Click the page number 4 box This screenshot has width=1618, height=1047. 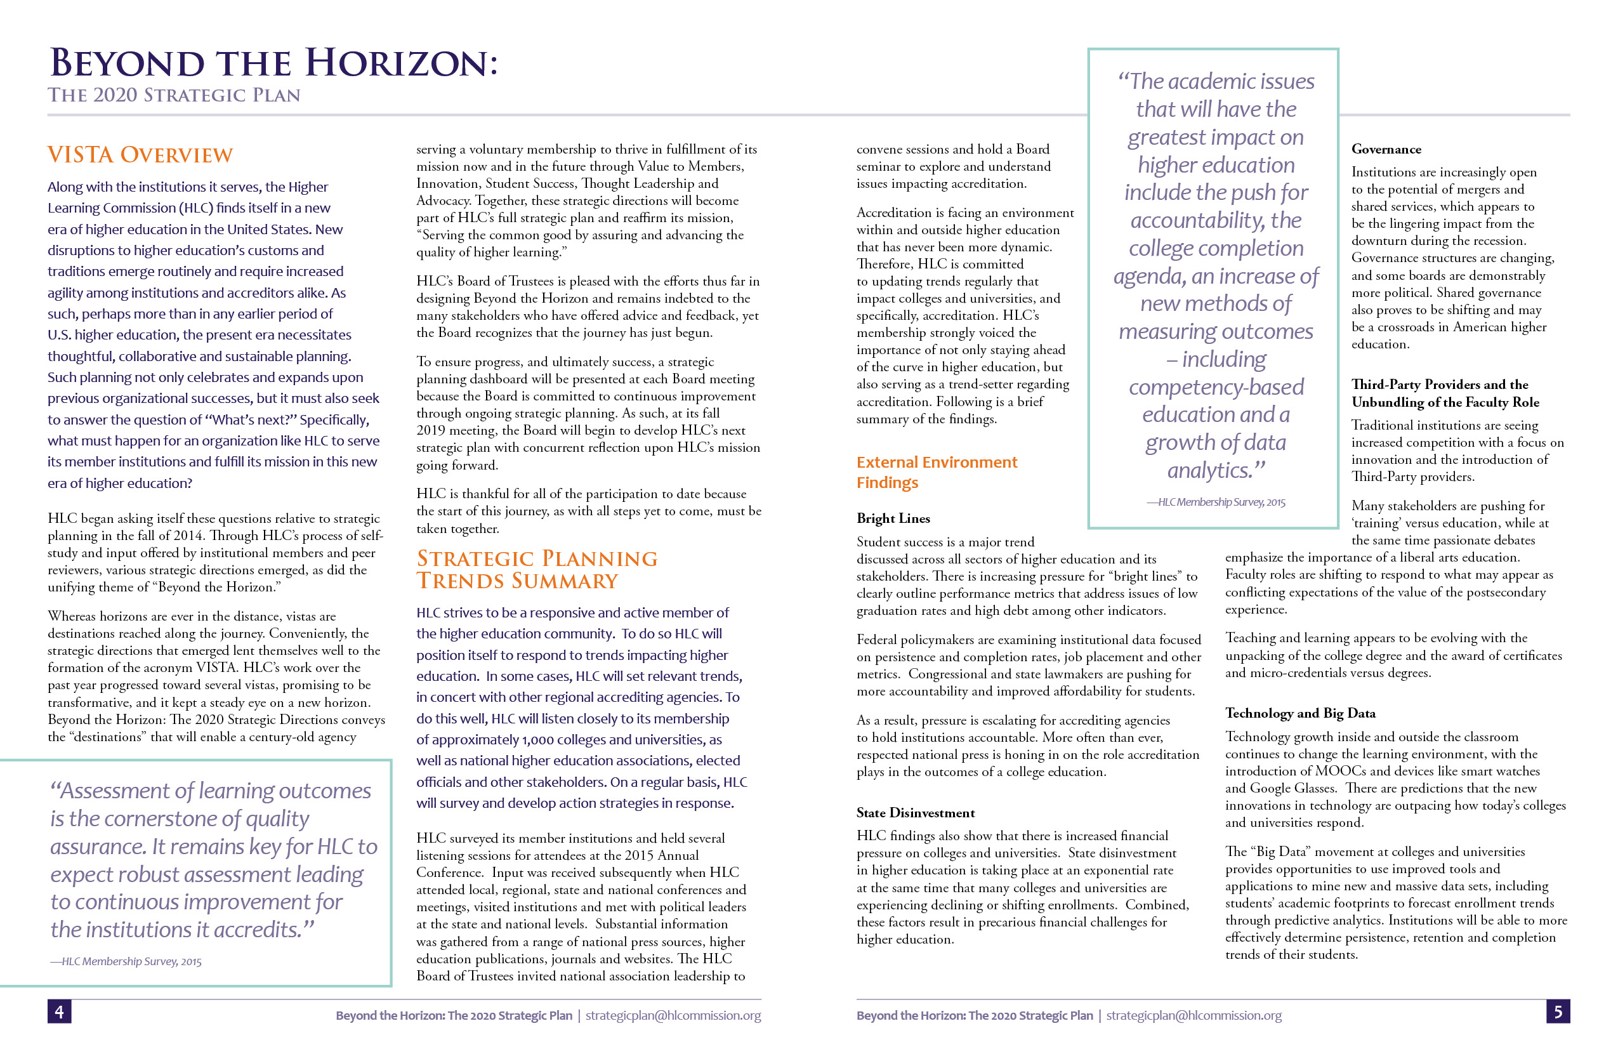click(59, 1011)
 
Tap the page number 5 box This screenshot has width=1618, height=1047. click(1558, 1011)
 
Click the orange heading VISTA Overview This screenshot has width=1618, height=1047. click(140, 155)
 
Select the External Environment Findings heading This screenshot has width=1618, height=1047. click(936, 472)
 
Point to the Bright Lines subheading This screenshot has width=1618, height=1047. click(893, 518)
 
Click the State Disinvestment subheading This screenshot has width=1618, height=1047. click(915, 812)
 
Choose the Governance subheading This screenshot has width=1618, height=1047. click(1386, 149)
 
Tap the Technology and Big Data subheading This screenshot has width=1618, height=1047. click(1300, 713)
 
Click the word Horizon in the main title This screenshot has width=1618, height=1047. click(401, 63)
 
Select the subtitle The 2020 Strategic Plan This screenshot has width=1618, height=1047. click(174, 95)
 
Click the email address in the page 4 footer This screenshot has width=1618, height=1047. click(673, 1015)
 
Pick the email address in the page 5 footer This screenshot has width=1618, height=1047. click(1194, 1015)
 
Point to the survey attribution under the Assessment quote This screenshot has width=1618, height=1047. click(126, 961)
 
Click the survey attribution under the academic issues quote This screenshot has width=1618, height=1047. click(1216, 502)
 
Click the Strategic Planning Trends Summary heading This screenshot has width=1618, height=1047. click(536, 570)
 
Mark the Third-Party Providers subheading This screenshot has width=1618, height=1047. click(1445, 393)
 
